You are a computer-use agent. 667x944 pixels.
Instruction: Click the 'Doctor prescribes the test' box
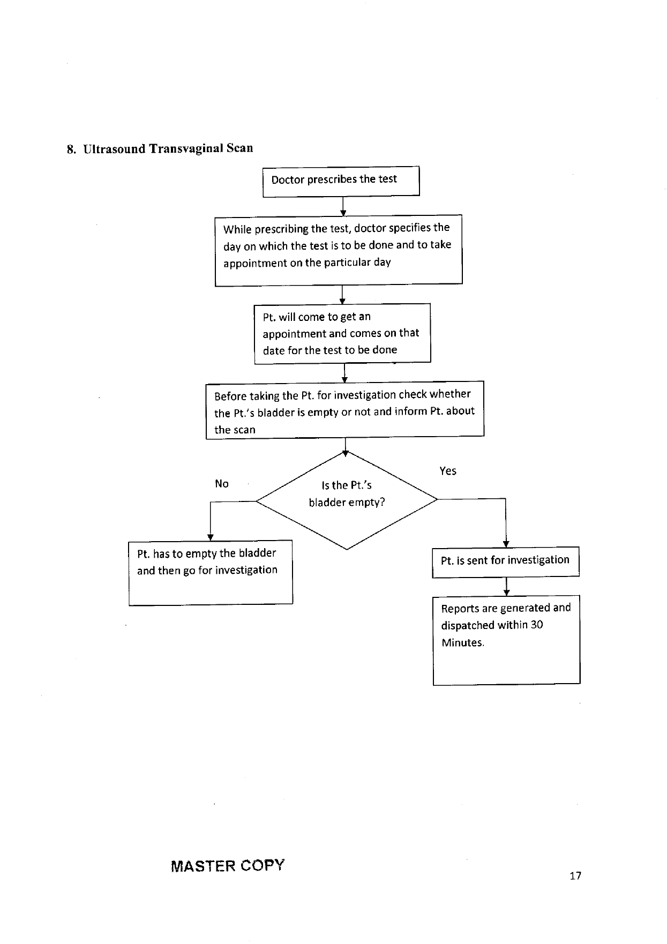click(341, 182)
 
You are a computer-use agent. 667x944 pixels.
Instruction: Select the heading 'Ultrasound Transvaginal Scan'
click(168, 148)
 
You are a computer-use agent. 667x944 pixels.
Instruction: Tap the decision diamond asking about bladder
click(347, 500)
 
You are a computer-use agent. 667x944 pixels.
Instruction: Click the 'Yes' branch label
click(448, 471)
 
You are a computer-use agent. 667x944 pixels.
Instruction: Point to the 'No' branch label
click(222, 484)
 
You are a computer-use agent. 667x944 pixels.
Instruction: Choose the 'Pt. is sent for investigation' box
click(506, 562)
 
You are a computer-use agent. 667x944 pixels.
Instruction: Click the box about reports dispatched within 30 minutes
click(506, 640)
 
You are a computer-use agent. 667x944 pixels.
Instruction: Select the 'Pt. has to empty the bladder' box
click(211, 573)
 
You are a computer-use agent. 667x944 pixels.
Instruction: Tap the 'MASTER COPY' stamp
click(228, 866)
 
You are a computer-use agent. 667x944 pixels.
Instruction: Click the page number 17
click(575, 876)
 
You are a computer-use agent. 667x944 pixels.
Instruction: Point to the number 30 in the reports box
click(537, 625)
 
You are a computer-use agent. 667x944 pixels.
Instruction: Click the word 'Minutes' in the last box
click(462, 642)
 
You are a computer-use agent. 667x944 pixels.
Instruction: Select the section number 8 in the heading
click(71, 149)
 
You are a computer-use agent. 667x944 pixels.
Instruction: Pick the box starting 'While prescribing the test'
click(339, 250)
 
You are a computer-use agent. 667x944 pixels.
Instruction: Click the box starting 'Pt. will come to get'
click(342, 334)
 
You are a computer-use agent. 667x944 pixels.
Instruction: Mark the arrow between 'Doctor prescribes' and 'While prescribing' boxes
click(343, 206)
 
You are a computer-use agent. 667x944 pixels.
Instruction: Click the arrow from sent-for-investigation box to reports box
click(506, 587)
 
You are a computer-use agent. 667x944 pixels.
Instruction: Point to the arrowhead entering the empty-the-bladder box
click(211, 537)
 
